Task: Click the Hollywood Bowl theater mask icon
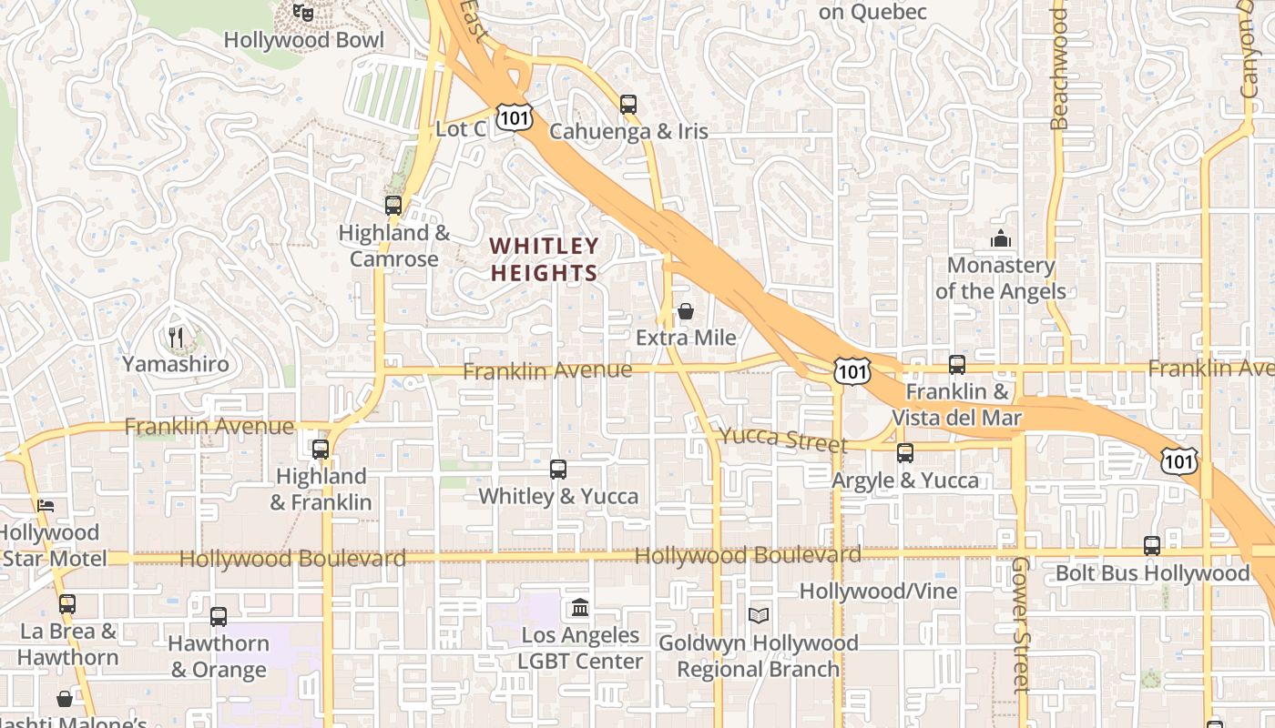[x=303, y=12]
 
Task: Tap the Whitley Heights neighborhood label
[x=545, y=259]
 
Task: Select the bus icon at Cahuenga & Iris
[x=628, y=104]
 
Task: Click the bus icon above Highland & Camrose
[x=393, y=206]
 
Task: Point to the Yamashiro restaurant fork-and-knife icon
[x=176, y=338]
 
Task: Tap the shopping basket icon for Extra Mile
[x=686, y=311]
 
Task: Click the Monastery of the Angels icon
[x=1001, y=239]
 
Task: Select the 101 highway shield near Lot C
[x=515, y=116]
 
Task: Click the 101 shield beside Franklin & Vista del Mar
[x=852, y=369]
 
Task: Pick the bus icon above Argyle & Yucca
[x=905, y=453]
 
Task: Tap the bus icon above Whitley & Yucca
[x=558, y=470]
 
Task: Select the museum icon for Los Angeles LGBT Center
[x=580, y=607]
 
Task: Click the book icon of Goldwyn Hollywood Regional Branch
[x=759, y=616]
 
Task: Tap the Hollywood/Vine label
[x=878, y=591]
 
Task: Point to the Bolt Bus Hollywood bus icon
[x=1152, y=546]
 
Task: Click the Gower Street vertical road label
[x=1020, y=624]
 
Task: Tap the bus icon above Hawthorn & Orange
[x=219, y=617]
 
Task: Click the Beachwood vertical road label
[x=1058, y=69]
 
